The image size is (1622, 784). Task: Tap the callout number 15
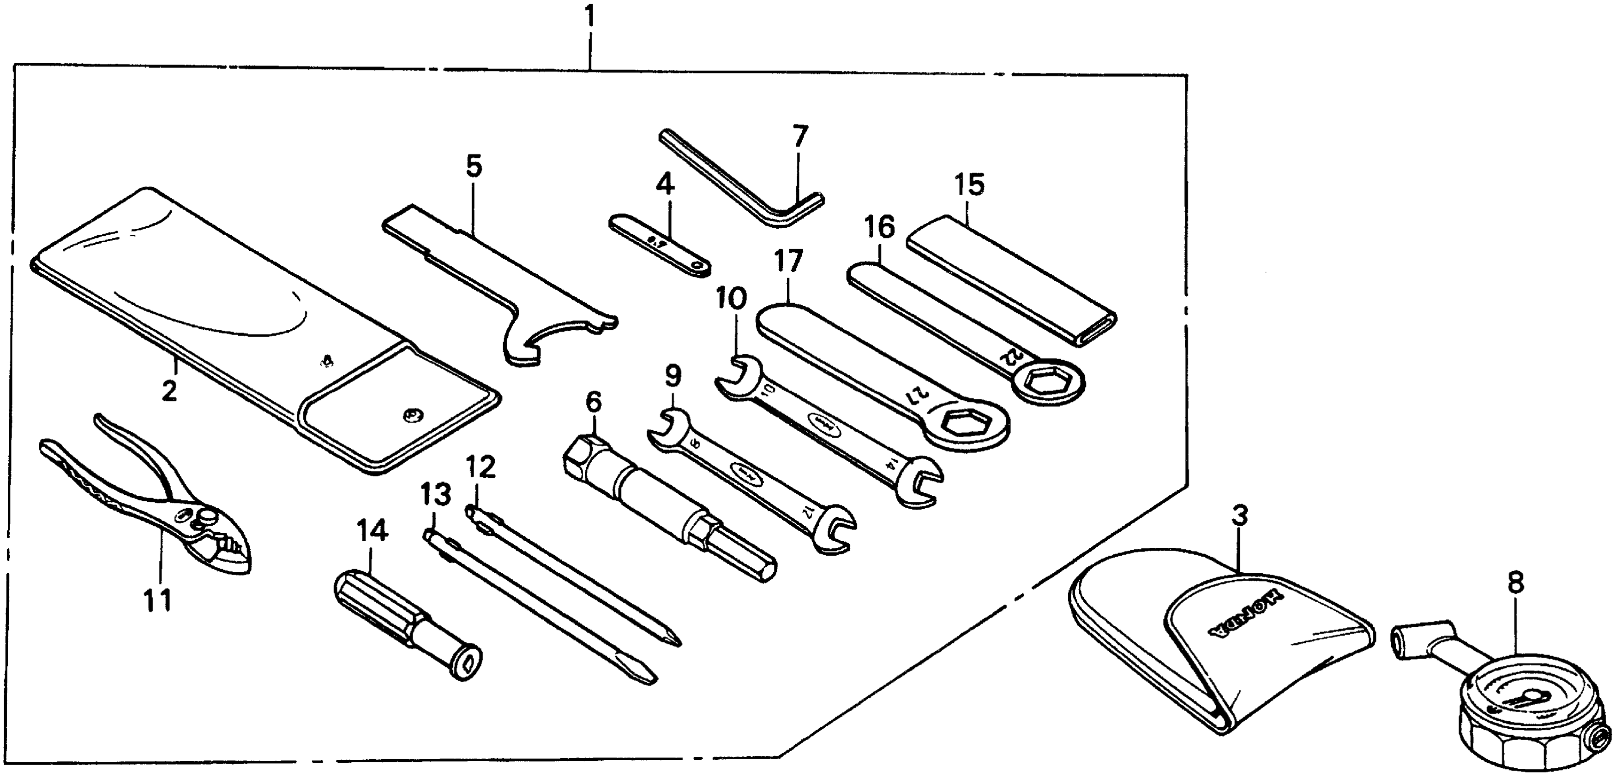tap(968, 185)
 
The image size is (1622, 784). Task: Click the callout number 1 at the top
tap(589, 17)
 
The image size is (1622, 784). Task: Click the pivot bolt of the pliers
tap(206, 518)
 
